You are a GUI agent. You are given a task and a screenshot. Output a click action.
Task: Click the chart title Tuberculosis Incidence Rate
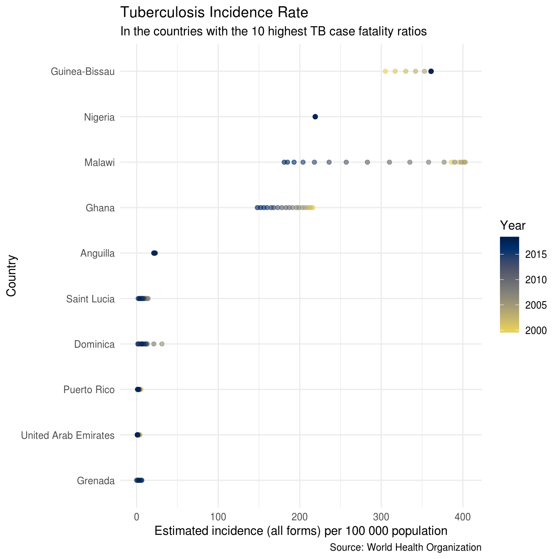click(214, 13)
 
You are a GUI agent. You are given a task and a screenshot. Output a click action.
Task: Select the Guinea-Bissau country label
click(82, 72)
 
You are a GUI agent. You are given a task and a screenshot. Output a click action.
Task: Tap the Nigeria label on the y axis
click(99, 117)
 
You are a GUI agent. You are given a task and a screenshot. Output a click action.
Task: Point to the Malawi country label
click(99, 163)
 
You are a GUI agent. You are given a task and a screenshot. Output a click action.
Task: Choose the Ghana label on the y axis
click(100, 208)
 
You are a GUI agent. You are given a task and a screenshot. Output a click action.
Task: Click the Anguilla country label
click(97, 253)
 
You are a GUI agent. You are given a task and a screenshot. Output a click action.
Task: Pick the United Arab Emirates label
click(67, 435)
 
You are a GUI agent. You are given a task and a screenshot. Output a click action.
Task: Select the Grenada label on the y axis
click(96, 481)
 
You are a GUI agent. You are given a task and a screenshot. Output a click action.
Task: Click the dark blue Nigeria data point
click(315, 117)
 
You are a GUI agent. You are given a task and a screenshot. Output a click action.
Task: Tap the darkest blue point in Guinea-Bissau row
click(431, 72)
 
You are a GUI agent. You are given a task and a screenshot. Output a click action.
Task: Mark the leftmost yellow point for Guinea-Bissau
click(385, 72)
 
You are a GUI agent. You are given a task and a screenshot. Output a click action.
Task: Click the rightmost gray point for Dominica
click(162, 344)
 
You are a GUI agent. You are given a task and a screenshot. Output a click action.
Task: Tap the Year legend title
click(512, 226)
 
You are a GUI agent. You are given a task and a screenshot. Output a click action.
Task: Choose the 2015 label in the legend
click(536, 255)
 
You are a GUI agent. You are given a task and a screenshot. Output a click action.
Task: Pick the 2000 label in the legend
click(536, 331)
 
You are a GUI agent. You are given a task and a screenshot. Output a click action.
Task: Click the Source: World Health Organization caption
click(405, 547)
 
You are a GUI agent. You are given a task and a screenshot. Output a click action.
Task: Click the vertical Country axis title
click(11, 276)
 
